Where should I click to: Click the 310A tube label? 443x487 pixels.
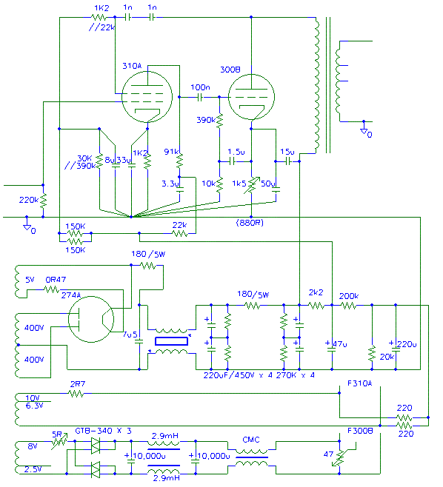pos(132,66)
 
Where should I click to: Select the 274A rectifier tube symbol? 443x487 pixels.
pos(91,319)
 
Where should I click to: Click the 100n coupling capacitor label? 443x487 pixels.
pos(200,87)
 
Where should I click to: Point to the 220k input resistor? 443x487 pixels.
pos(43,201)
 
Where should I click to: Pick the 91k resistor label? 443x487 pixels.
pos(171,152)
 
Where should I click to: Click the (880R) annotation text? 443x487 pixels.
pos(250,223)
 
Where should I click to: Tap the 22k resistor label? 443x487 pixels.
pos(180,225)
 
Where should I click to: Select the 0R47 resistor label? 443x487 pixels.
pos(56,280)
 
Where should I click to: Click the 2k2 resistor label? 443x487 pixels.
pos(316,292)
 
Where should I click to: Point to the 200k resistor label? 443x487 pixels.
pos(349,296)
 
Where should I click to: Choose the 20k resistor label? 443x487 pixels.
pos(387,357)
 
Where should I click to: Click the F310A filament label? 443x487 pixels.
pos(360,383)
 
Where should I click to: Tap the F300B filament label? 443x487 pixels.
pos(360,431)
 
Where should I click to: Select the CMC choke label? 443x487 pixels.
pos(251,440)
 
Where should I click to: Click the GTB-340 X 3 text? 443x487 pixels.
pos(103,431)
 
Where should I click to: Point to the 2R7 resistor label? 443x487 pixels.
pos(78,384)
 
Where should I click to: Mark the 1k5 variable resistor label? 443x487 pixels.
pos(239,184)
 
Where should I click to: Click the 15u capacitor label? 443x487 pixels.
pos(287,152)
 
